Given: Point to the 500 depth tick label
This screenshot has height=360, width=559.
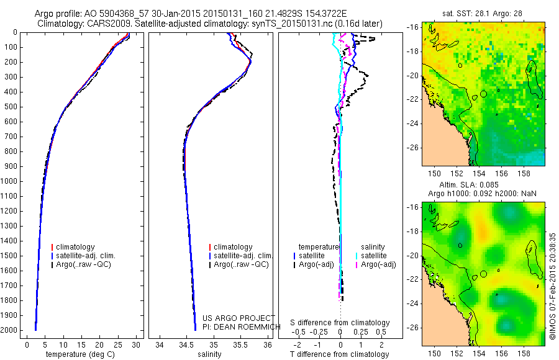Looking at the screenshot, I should pyautogui.click(x=11, y=107).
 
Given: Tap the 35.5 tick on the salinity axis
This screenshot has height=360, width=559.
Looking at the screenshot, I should pyautogui.click(x=240, y=344).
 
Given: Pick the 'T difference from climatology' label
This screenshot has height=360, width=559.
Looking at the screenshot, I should pyautogui.click(x=340, y=354).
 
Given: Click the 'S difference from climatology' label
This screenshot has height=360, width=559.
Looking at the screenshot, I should pyautogui.click(x=340, y=323).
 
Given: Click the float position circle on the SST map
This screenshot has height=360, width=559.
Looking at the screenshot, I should pyautogui.click(x=483, y=94).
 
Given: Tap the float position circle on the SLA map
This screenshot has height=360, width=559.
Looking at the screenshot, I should pyautogui.click(x=483, y=274).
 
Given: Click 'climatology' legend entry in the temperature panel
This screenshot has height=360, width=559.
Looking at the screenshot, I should pyautogui.click(x=76, y=247).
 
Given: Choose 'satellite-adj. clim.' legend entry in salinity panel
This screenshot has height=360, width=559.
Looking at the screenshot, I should pyautogui.click(x=243, y=256).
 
